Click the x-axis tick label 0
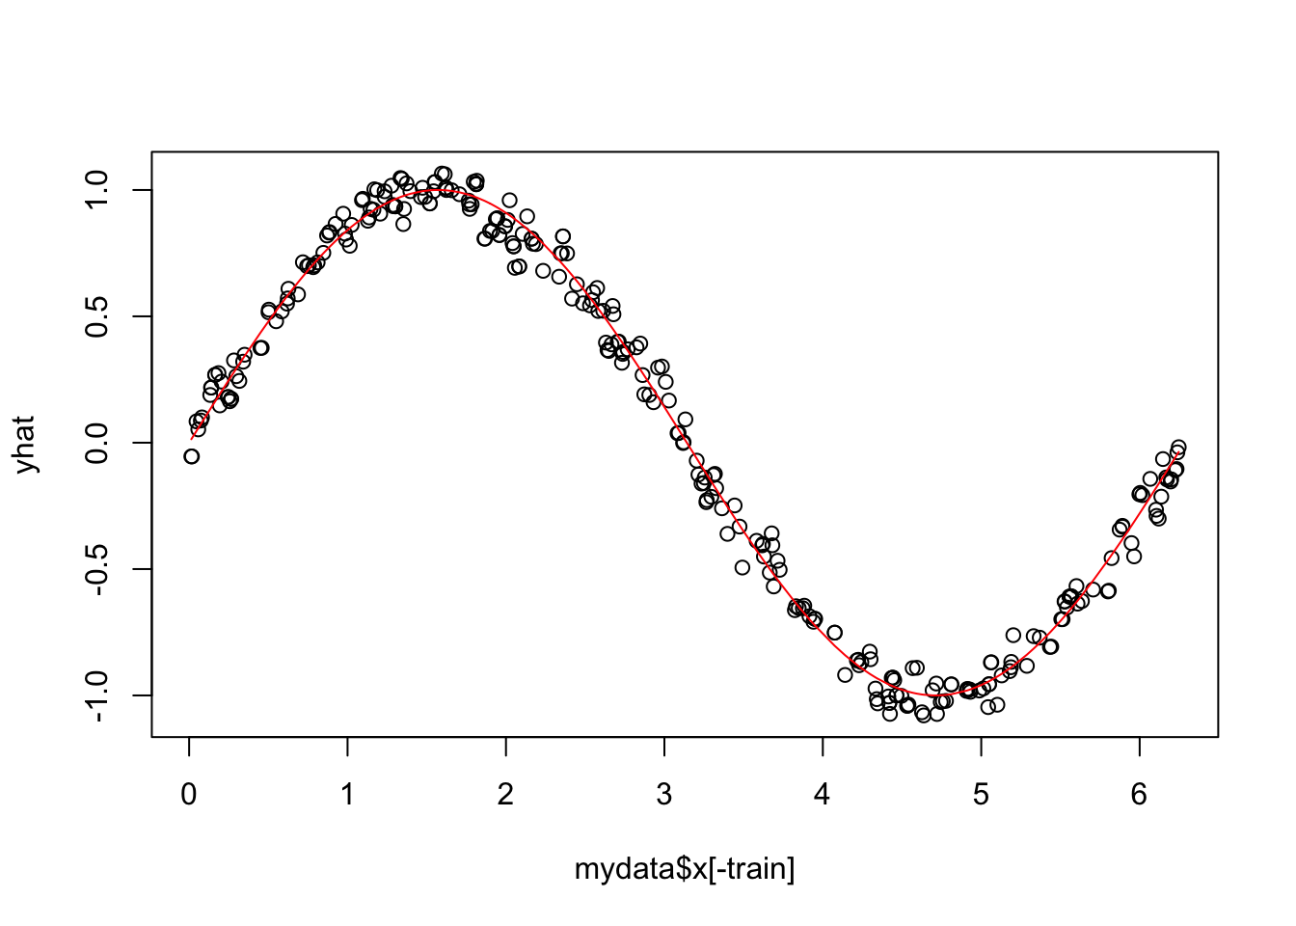189,795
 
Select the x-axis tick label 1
347,795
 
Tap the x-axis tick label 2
505,795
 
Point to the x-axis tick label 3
664,795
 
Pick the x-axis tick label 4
823,795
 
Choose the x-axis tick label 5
981,795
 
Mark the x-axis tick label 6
1139,795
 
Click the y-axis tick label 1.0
98,190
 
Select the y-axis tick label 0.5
98,316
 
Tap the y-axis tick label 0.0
98,443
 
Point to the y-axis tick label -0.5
98,569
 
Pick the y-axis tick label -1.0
98,695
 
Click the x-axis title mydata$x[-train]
685,870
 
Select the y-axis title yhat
25,444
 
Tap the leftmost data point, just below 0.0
192,456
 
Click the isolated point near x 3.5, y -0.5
742,567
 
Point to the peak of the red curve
438,190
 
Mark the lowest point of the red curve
936,695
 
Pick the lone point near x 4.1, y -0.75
835,633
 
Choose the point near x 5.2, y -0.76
1013,635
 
